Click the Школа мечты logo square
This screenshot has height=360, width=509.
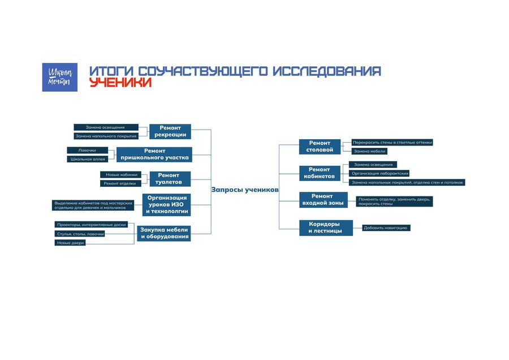coord(60,77)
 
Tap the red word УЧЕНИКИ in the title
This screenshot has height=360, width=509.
coord(120,82)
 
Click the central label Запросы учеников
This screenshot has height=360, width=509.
coord(245,190)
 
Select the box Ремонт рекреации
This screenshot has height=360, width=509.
coord(170,131)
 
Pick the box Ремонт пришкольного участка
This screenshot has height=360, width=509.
coord(154,155)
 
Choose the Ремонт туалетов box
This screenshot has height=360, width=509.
coord(170,179)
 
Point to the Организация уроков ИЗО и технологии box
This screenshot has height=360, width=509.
coord(166,205)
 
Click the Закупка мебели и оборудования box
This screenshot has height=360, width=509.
coord(163,233)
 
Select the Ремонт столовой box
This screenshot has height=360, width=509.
coord(320,147)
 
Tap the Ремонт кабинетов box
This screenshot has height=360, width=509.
coord(320,173)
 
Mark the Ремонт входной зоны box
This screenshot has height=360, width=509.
coord(323,200)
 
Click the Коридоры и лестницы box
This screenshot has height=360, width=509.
coord(326,228)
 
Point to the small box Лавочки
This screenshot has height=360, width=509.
coord(87,150)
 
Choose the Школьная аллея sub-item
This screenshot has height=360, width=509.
coord(87,159)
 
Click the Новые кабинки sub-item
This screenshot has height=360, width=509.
coord(121,175)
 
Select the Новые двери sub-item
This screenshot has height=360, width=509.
coord(70,243)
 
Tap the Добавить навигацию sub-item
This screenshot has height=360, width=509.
coord(386,228)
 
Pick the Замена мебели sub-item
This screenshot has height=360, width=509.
coord(369,151)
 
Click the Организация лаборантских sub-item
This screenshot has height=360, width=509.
coord(379,173)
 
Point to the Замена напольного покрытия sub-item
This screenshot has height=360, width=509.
coord(106,136)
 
